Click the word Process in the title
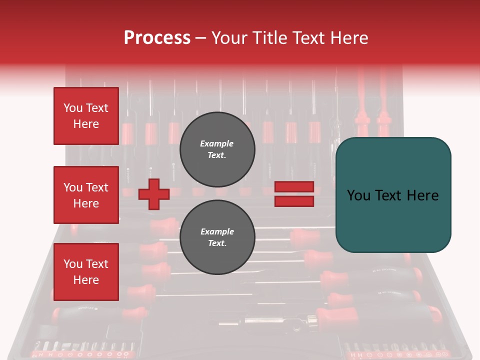[157, 38]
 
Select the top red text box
[86, 116]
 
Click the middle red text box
[86, 195]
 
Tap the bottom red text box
[86, 272]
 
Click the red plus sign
[154, 194]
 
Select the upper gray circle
[217, 149]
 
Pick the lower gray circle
[217, 237]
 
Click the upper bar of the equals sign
[294, 186]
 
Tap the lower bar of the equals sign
[294, 201]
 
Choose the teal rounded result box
[393, 195]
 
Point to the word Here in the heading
[348, 38]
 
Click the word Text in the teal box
[392, 195]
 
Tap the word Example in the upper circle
[217, 143]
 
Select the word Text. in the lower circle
[217, 243]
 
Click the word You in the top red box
[73, 108]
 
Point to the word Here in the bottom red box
[86, 280]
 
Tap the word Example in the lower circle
[217, 231]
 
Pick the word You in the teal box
[359, 195]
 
